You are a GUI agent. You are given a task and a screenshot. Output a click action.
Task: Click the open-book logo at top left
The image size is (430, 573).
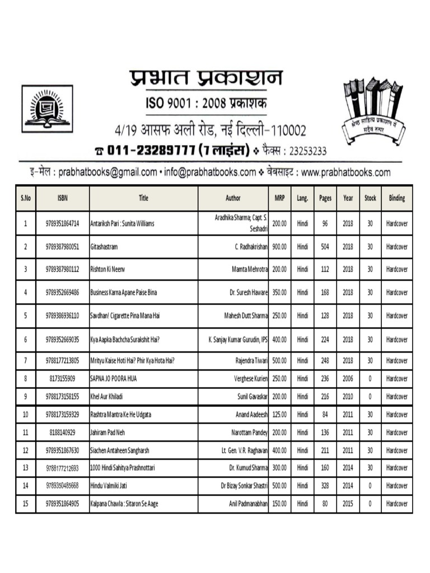pyautogui.click(x=47, y=109)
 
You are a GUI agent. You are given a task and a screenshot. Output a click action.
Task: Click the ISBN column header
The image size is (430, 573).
pyautogui.click(x=62, y=198)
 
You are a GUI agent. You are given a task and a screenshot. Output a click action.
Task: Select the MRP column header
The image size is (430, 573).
pyautogui.click(x=279, y=198)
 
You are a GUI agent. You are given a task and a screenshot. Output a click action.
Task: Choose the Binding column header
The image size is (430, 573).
pyautogui.click(x=396, y=198)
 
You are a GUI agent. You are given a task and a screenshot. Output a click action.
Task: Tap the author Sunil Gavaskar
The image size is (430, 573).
pyautogui.click(x=251, y=397)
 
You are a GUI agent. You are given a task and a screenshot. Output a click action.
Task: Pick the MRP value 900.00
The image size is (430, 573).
pyautogui.click(x=279, y=246)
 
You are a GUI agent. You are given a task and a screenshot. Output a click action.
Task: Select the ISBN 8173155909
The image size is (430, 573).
pyautogui.click(x=62, y=379)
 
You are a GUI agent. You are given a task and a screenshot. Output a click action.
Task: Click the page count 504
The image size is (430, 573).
pyautogui.click(x=325, y=246)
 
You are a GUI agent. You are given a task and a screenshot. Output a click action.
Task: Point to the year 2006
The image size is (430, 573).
pyautogui.click(x=348, y=379)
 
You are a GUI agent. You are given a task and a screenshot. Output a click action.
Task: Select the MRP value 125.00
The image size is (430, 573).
pyautogui.click(x=279, y=415)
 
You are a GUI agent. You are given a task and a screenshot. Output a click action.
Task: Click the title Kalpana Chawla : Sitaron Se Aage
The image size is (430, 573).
pyautogui.click(x=124, y=504)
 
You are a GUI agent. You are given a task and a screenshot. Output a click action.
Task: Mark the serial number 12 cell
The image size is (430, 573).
pyautogui.click(x=25, y=450)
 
